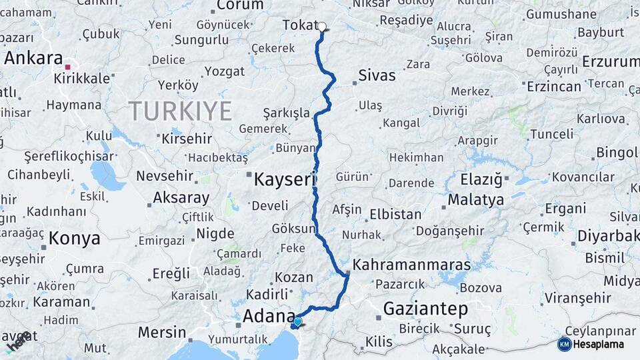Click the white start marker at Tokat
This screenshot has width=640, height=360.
323,27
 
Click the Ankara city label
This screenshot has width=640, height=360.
33,58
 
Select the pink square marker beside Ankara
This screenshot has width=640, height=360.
67,67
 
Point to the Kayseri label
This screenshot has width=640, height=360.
284,179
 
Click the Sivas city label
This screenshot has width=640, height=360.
377,75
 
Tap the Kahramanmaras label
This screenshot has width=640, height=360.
411,265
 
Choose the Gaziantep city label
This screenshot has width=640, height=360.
425,309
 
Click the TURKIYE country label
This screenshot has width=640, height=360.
180,110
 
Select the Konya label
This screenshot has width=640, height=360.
74,239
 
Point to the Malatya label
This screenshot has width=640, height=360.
475,199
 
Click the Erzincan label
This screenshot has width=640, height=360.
554,87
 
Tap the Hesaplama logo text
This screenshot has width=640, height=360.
599,345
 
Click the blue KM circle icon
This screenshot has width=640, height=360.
564,345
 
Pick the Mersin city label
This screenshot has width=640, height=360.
162,331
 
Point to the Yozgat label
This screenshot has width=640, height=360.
225,71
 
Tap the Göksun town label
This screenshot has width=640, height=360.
293,229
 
